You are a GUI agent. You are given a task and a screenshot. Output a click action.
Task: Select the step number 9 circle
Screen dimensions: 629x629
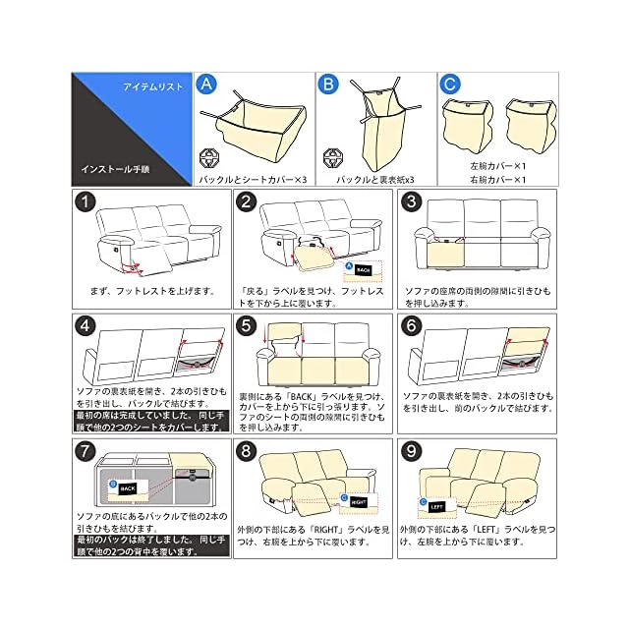(x=414, y=453)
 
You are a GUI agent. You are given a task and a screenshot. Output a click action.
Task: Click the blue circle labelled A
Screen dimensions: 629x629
(x=206, y=85)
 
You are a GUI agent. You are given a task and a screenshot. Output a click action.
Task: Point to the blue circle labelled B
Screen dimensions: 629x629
(x=329, y=85)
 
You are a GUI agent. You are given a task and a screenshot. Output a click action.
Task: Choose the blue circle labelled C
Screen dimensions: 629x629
(x=450, y=85)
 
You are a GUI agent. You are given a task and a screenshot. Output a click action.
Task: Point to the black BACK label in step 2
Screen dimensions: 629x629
(x=363, y=268)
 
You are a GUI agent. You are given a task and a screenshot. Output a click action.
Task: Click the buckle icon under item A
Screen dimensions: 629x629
(x=207, y=158)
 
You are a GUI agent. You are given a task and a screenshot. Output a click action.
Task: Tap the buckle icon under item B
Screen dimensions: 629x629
(x=330, y=158)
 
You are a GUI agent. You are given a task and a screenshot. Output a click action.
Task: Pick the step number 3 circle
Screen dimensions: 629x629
(x=414, y=204)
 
